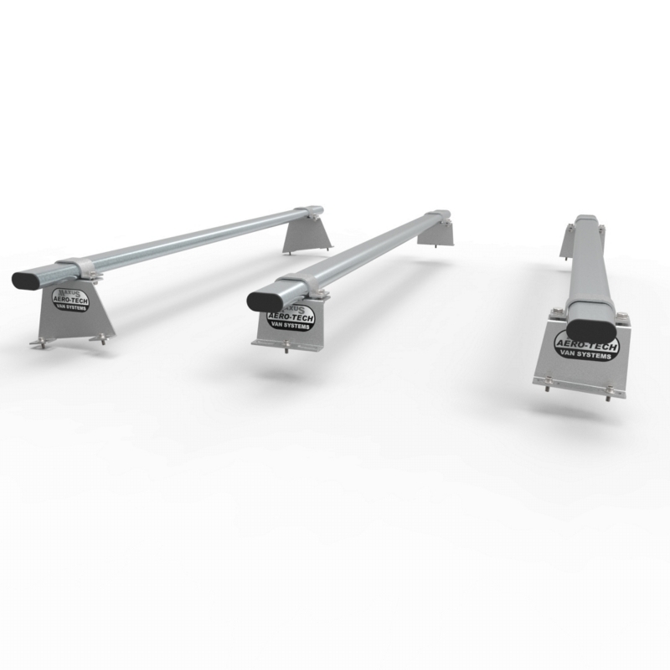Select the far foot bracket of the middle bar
436,234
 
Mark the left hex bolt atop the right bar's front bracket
555,314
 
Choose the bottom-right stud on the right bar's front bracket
610,398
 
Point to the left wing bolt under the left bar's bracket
38,343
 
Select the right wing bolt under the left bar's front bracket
104,338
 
